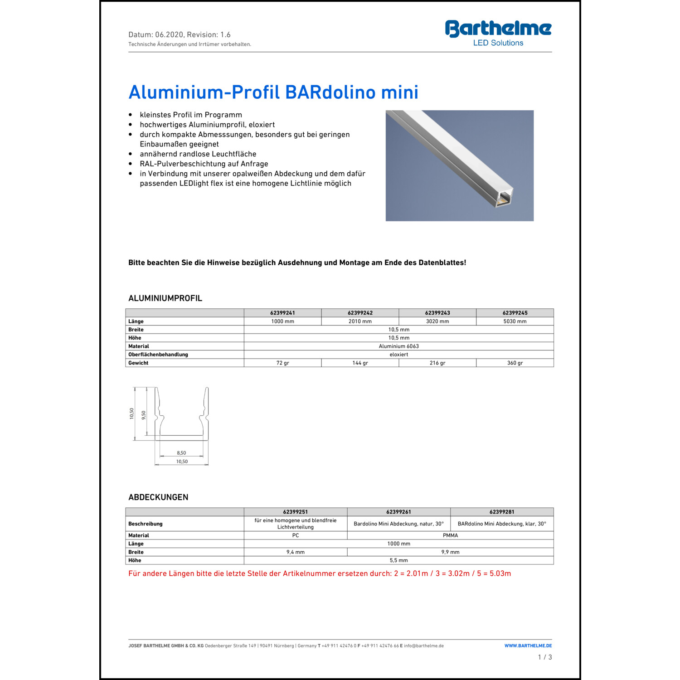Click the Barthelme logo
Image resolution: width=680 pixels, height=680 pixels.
498,33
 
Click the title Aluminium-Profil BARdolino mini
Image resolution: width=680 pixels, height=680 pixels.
273,92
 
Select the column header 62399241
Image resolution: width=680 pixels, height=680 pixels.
282,313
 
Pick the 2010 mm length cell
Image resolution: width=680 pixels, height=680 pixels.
360,321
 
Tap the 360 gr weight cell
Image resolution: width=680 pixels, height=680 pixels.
515,363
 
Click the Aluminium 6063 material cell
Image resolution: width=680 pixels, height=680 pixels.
398,346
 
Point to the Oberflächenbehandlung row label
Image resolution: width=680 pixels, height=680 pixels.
158,355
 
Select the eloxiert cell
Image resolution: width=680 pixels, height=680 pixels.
398,355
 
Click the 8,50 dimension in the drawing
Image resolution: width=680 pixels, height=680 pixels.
181,453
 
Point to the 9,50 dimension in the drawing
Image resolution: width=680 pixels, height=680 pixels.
144,415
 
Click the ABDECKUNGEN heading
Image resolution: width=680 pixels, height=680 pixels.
158,497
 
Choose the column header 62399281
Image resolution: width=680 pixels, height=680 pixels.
502,512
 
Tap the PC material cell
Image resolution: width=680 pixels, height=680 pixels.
296,535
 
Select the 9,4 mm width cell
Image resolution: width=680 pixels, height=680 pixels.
296,552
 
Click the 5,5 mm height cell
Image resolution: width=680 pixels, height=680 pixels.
398,560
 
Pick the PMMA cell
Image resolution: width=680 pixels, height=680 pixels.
450,535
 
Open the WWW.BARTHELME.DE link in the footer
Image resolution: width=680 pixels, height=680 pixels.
528,646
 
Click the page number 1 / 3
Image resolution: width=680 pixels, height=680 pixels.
545,657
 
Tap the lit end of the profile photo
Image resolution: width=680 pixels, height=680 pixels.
504,199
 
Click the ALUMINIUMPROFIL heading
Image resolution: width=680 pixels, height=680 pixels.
165,298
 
